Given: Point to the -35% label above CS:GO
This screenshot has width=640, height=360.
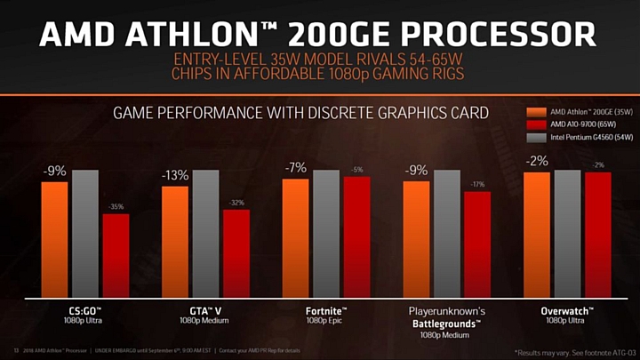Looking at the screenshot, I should pos(116,207).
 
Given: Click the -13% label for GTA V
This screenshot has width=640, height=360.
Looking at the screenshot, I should pos(175,176).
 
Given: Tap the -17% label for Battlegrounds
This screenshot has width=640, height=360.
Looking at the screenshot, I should pos(477,184).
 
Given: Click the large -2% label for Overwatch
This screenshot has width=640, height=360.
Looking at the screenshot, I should pos(537,161).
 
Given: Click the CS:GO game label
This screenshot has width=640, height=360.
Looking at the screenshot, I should pos(84,311).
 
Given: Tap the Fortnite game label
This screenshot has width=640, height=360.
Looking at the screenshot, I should pos(326,311).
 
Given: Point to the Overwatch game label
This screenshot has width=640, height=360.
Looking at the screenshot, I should pos(567,311).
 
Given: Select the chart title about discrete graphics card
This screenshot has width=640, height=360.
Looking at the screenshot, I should pos(300,113).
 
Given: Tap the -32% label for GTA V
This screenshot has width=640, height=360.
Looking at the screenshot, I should pos(236,203).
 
